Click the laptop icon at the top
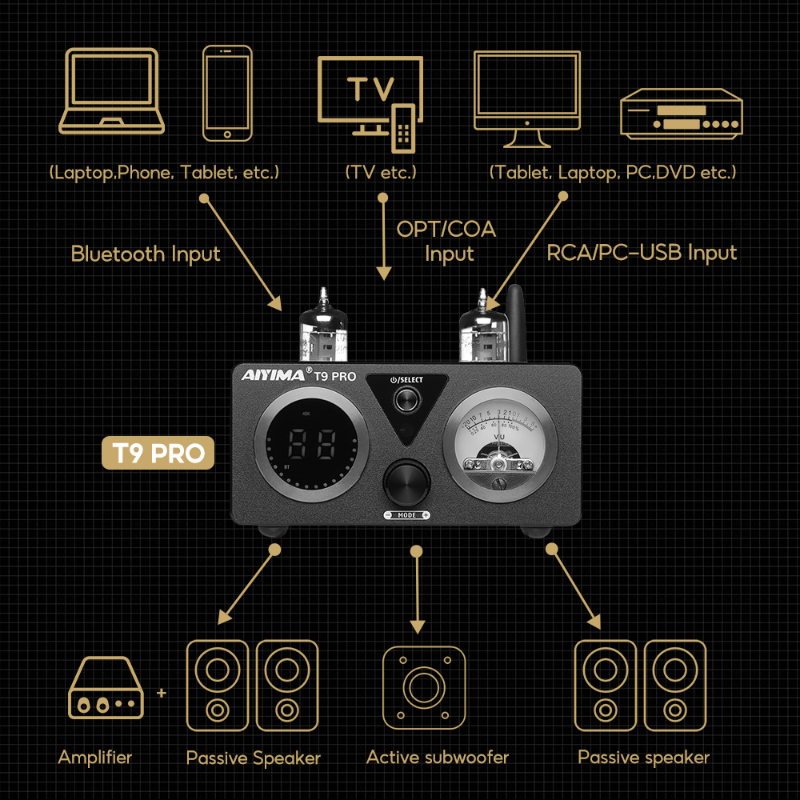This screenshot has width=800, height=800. [x=111, y=91]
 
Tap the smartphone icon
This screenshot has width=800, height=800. [x=227, y=94]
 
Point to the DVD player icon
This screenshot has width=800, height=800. [x=682, y=114]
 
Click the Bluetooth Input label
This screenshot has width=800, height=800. [x=146, y=254]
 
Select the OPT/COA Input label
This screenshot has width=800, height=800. [x=446, y=242]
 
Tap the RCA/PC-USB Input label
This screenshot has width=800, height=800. [x=642, y=253]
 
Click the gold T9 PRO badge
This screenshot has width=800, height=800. [x=158, y=453]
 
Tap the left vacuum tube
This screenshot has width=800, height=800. [x=323, y=328]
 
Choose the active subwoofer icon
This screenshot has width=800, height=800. [x=424, y=686]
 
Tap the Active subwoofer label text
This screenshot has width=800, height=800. [x=438, y=757]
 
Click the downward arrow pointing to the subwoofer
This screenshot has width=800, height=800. [x=416, y=592]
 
